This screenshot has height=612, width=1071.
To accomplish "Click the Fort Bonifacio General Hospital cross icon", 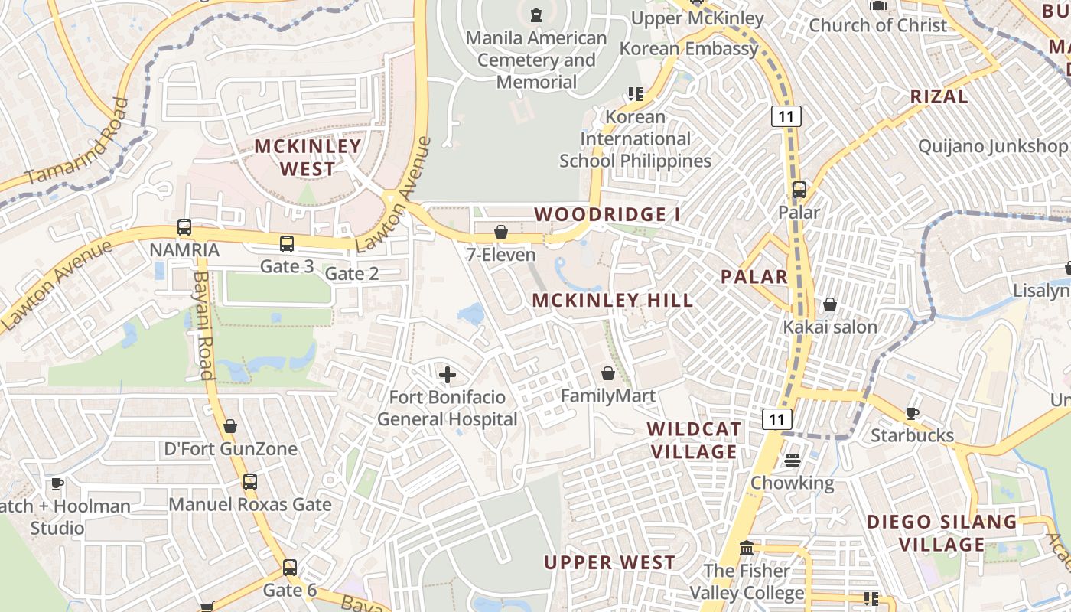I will [x=448, y=375].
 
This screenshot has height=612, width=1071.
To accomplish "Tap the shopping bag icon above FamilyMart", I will [x=608, y=373].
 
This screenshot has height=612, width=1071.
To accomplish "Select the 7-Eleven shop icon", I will [x=501, y=231].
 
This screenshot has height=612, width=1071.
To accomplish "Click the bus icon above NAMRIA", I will [x=184, y=226].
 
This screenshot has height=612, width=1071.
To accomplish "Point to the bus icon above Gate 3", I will [x=287, y=244].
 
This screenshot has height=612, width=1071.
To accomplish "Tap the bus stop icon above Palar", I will [x=799, y=189].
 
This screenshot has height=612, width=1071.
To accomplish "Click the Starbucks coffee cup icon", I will [x=913, y=413].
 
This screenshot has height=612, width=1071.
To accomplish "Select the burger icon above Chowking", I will [x=792, y=460].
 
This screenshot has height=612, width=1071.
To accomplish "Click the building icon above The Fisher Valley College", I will [x=747, y=549].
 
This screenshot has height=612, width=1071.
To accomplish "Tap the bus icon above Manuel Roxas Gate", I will [x=250, y=482].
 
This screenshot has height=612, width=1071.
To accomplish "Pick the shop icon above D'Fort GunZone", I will [x=230, y=426].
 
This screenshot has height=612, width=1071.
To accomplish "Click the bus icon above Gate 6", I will [x=290, y=568].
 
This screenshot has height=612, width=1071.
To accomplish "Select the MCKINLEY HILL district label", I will [x=613, y=300].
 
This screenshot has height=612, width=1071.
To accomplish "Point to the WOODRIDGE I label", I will [x=607, y=214].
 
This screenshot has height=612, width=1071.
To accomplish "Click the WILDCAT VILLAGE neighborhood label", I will [x=694, y=440].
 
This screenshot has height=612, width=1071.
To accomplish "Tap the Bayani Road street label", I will [x=203, y=325].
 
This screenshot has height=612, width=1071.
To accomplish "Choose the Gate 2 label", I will [x=352, y=273].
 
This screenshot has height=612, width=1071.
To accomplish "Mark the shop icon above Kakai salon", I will [x=830, y=305].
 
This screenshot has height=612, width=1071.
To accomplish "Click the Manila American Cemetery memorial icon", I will [x=535, y=15].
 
